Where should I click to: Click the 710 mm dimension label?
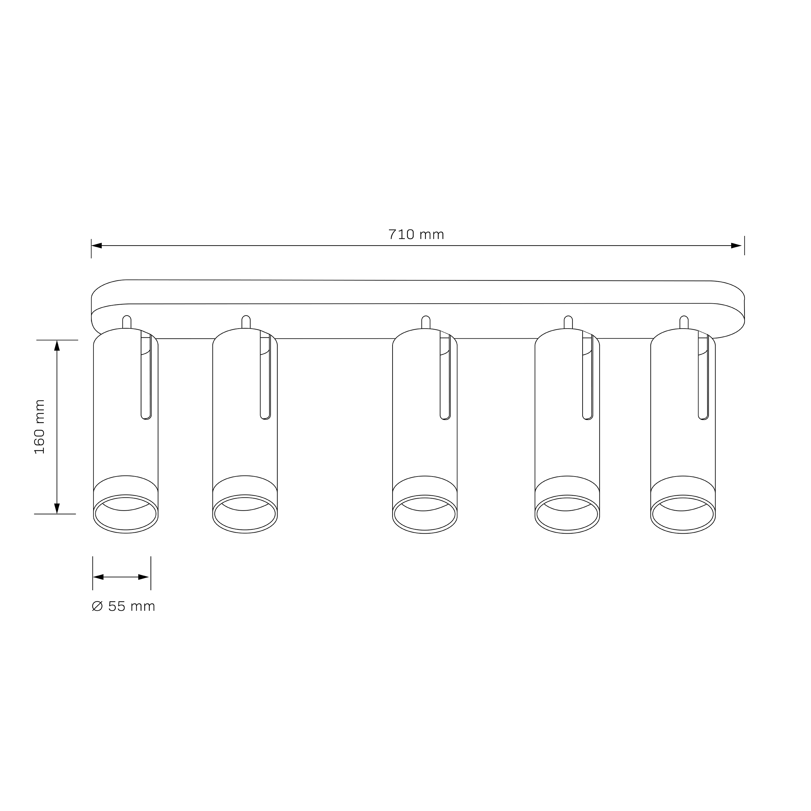click(416, 234)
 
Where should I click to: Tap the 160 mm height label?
click(40, 427)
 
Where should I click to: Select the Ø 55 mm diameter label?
click(123, 606)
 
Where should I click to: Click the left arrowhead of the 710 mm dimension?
click(97, 246)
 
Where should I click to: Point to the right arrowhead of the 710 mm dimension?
click(736, 246)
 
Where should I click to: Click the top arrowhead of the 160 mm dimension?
click(57, 345)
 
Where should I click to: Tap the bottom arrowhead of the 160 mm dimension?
click(57, 508)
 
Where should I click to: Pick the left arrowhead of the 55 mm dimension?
click(98, 577)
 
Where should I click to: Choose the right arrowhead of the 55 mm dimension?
click(144, 577)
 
